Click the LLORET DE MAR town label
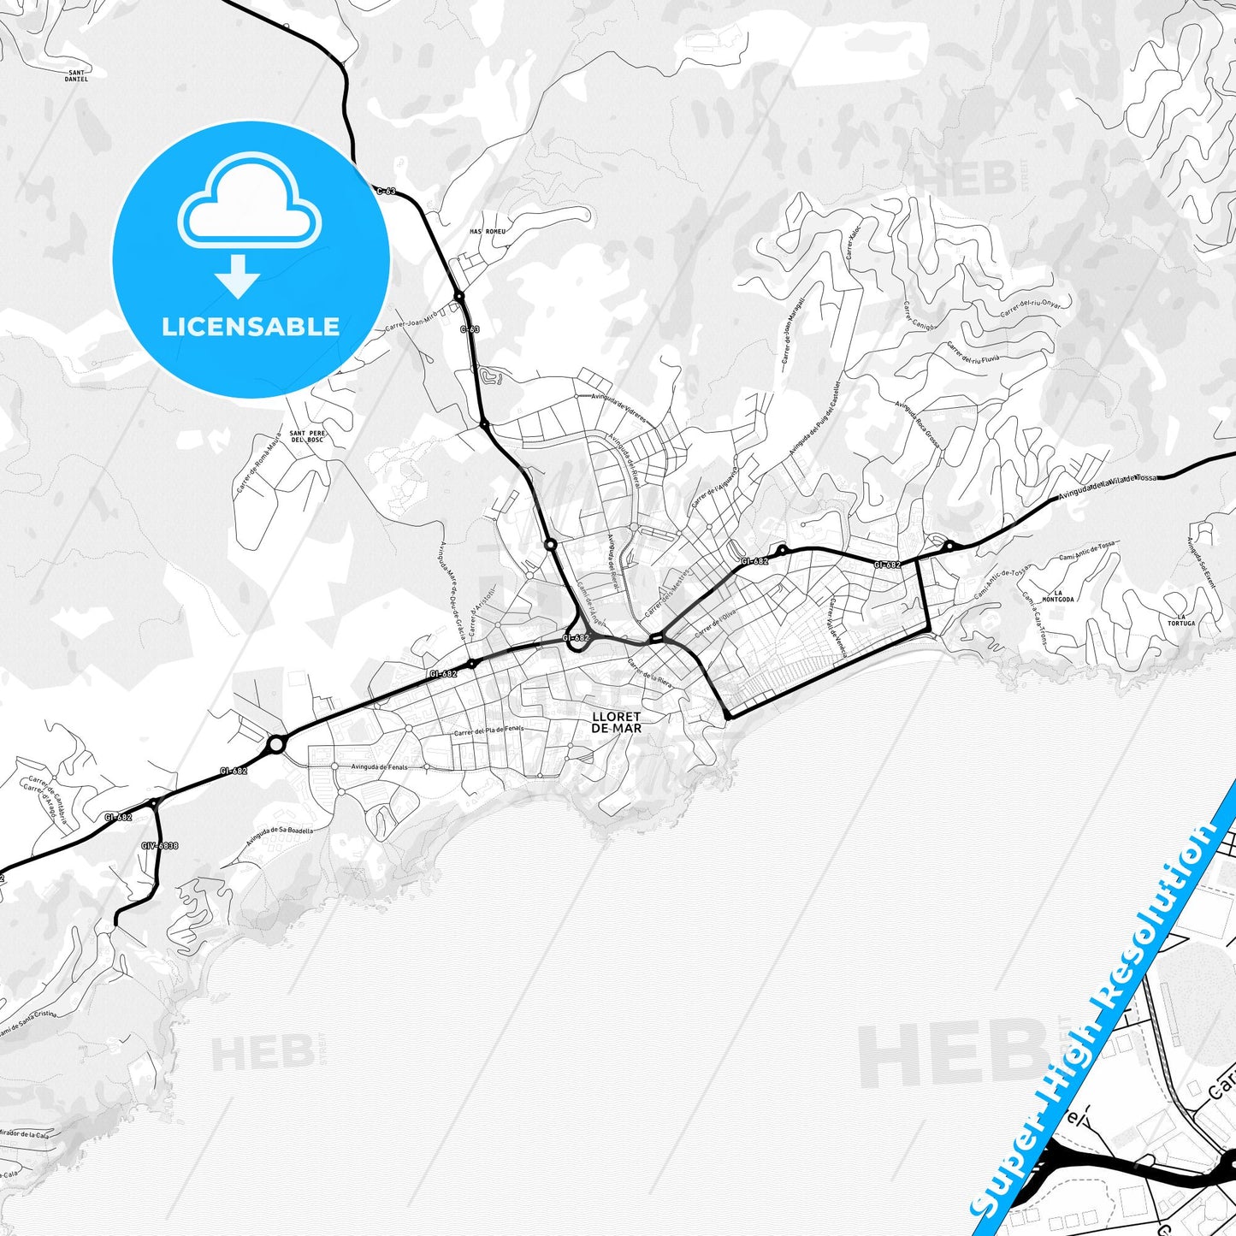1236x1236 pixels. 616,722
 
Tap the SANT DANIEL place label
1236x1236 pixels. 76,75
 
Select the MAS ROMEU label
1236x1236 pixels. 488,231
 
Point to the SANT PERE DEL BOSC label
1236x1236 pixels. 307,436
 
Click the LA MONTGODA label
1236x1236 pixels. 1063,595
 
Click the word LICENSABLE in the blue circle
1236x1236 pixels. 251,326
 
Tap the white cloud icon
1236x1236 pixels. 249,204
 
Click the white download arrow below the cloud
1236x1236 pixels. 238,276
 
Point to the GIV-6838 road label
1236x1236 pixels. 160,845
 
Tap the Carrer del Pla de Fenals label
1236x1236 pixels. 488,730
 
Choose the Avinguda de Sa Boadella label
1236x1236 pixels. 280,834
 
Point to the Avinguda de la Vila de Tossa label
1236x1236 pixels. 1107,485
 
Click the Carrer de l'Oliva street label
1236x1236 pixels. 715,625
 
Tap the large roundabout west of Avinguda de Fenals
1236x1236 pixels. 275,745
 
